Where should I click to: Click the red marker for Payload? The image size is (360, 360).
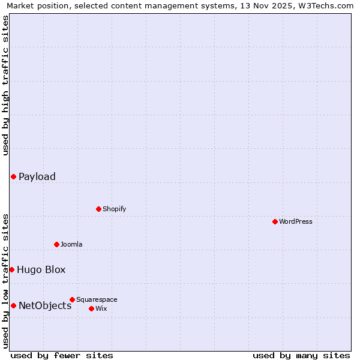coord(13,176)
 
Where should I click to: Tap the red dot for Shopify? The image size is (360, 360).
coord(98,209)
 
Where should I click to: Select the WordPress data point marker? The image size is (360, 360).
coord(275,221)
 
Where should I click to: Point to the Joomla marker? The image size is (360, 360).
coord(56,244)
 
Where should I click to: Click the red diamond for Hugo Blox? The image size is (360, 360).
coord(11,270)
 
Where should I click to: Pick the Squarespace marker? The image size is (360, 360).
coord(72,299)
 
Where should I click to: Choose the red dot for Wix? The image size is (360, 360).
coord(91,308)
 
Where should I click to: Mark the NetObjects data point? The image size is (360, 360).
coord(13,306)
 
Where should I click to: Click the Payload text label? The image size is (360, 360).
coord(37,176)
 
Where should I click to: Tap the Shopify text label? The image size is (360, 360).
coord(114,209)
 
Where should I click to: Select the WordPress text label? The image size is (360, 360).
coord(296,221)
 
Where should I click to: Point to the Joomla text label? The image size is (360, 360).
coord(71,244)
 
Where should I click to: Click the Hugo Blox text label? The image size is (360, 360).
coord(41,270)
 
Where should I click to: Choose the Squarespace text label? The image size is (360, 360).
coord(97,299)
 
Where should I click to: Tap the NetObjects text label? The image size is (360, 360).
coord(45,306)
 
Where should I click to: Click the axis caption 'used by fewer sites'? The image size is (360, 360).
coord(62,355)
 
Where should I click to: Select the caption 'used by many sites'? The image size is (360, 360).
coord(301,355)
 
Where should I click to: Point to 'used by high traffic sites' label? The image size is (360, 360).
coord(5,85)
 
